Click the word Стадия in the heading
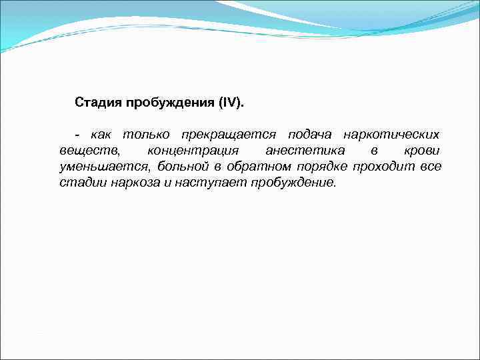[95, 103]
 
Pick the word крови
[423, 151]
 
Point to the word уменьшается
[103, 167]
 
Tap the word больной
[181, 167]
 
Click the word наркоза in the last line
[137, 183]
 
